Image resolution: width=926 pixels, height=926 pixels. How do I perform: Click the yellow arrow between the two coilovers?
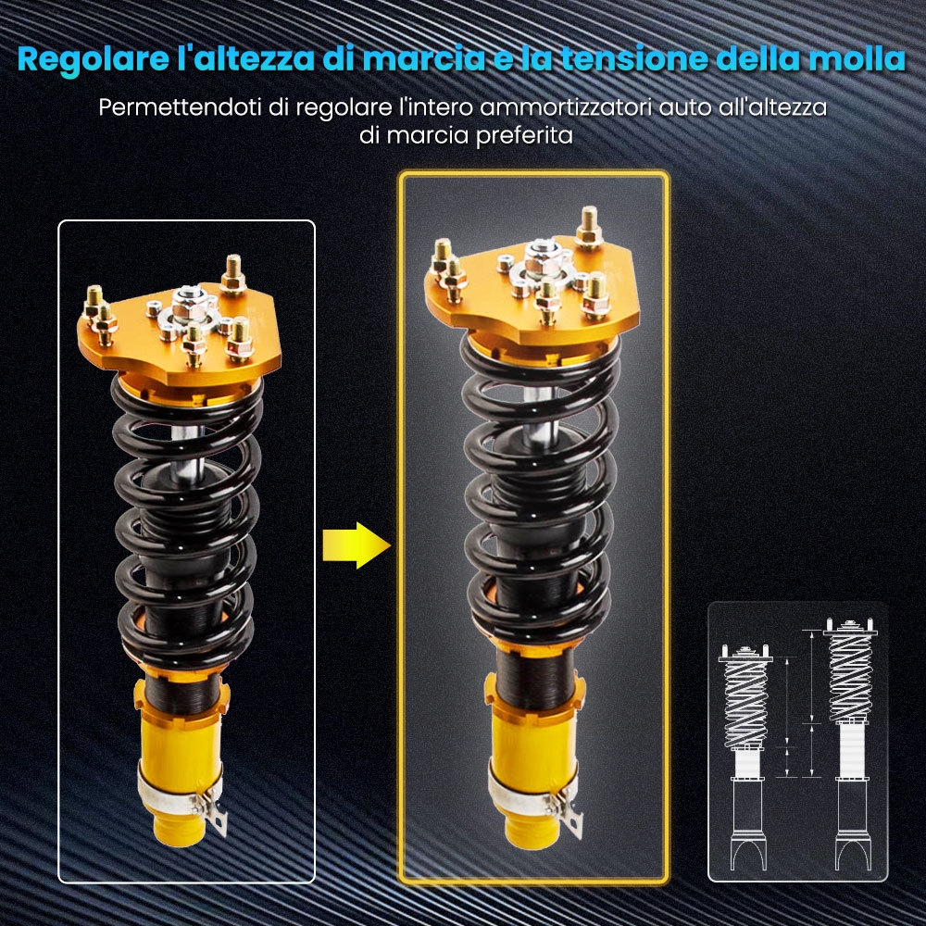point(355,545)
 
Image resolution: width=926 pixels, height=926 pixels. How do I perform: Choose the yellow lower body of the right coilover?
point(528,750)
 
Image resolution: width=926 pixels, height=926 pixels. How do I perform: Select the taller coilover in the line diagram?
point(849,741)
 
